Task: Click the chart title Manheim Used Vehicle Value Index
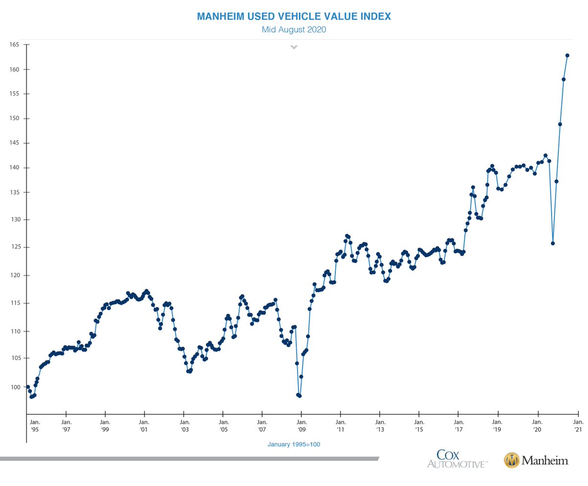294,17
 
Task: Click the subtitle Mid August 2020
294,29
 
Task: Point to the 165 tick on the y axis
13,45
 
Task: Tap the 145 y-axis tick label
13,143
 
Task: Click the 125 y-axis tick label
13,247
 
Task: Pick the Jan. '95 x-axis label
34,425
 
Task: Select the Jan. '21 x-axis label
578,425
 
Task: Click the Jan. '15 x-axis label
419,425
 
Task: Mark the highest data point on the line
567,55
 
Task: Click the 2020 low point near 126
553,243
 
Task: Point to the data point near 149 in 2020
560,124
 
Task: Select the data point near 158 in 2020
564,79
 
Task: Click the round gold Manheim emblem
512,460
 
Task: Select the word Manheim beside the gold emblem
544,460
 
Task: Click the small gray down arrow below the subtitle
294,48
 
